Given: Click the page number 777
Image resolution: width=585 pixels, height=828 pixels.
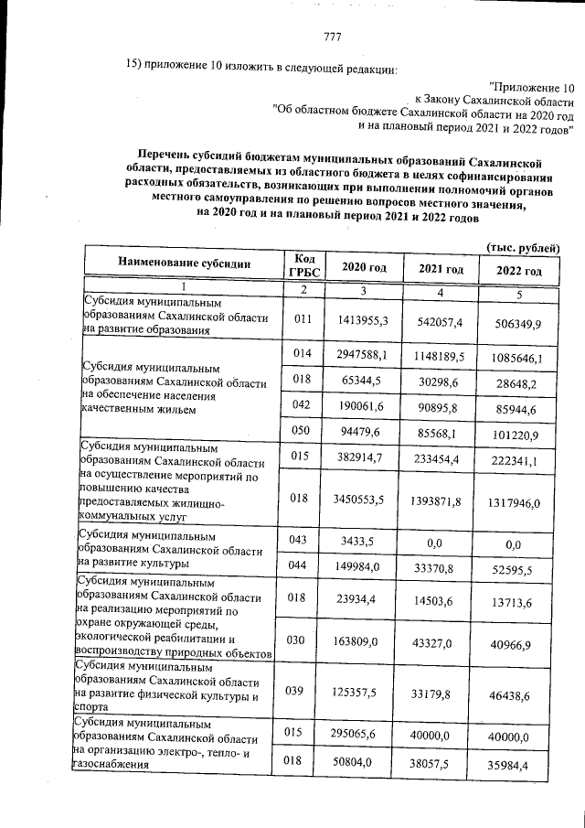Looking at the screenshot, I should (332, 37).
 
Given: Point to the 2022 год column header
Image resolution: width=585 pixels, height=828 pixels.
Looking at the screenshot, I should (518, 272).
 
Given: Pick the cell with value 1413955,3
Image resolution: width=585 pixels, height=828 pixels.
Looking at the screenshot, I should (364, 319).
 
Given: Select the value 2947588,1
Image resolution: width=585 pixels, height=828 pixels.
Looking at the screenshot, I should (364, 354).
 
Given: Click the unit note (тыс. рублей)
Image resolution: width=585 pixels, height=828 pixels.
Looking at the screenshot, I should (523, 248).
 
